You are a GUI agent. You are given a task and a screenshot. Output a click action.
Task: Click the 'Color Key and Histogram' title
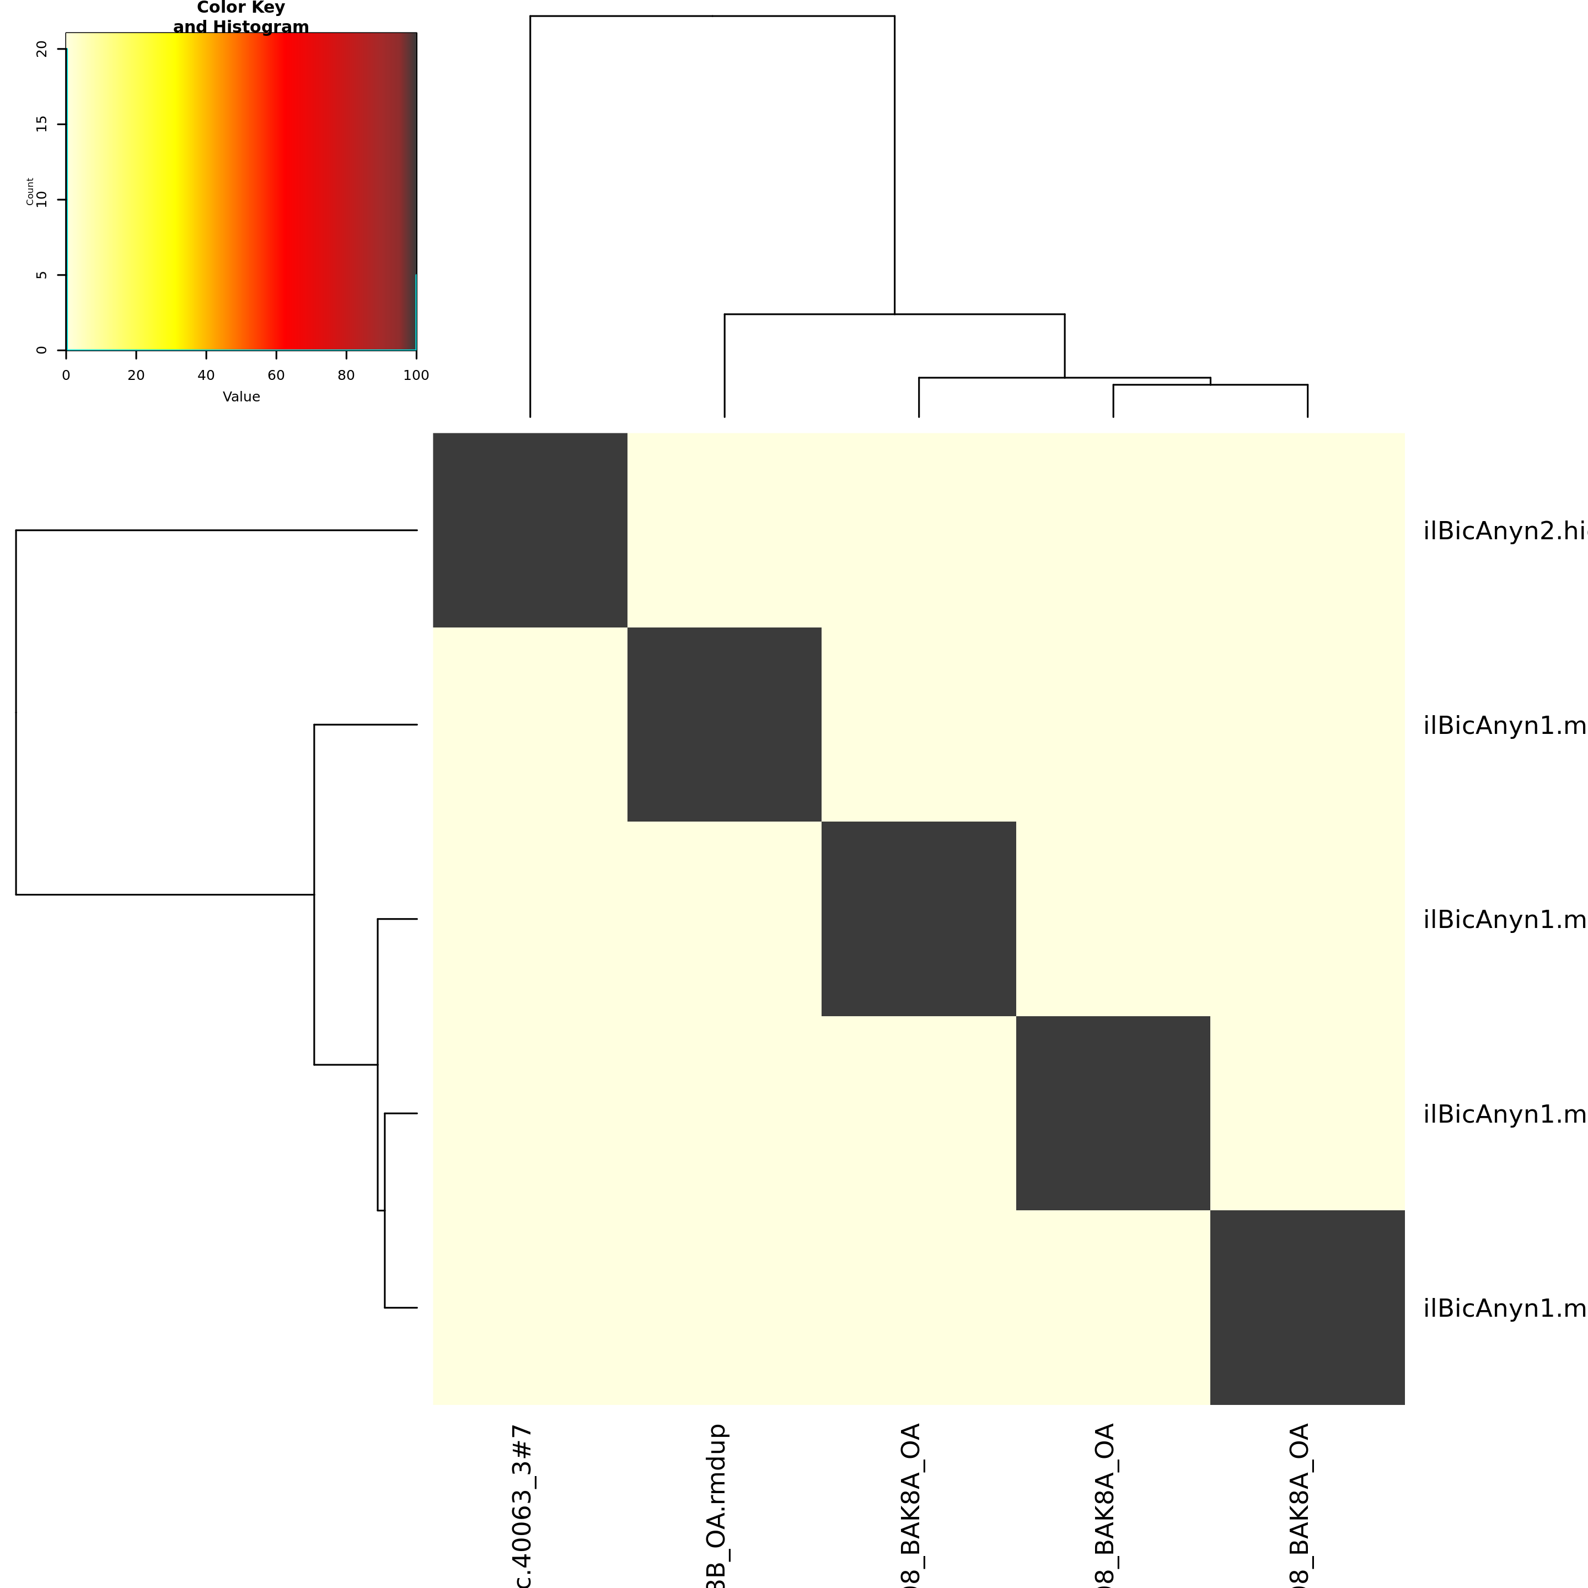point(241,17)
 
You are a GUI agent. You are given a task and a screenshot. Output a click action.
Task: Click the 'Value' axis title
point(241,397)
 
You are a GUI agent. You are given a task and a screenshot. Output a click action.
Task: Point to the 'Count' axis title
point(30,191)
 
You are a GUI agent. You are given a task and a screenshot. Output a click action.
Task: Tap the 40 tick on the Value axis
point(206,375)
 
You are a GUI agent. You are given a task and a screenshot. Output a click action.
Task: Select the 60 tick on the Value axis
point(276,375)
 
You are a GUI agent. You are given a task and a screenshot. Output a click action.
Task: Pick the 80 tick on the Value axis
point(346,375)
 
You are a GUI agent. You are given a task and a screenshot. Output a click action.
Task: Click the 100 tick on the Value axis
point(416,375)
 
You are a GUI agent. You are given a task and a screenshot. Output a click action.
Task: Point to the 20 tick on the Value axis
point(136,375)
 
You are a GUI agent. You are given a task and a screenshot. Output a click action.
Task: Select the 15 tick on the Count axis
point(42,124)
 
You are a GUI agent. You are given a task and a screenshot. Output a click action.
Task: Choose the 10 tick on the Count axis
point(42,200)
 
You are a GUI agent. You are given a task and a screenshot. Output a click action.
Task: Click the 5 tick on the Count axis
point(42,275)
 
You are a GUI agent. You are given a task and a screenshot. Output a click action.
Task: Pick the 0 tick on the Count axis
point(42,350)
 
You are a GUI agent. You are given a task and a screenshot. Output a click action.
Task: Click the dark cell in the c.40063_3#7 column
point(530,530)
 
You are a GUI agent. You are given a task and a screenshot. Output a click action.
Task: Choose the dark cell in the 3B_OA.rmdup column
point(724,724)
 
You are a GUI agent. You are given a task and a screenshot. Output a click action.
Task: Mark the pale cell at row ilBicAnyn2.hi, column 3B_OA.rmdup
point(724,530)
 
